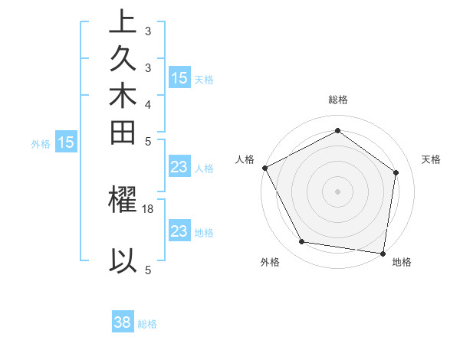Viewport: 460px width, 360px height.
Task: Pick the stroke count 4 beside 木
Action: [x=147, y=104]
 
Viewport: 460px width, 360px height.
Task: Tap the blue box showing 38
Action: [x=123, y=322]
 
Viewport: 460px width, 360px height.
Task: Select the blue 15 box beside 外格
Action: [x=67, y=142]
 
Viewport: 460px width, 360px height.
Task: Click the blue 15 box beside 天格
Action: [x=179, y=78]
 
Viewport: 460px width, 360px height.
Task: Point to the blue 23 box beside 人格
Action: [x=179, y=168]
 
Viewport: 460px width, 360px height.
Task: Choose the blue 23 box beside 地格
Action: [x=179, y=231]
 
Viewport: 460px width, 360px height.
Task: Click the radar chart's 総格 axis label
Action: [x=337, y=100]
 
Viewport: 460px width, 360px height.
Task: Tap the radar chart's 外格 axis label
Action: [x=270, y=262]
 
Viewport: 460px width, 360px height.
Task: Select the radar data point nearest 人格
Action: [x=264, y=168]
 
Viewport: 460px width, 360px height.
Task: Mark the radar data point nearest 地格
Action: [x=383, y=253]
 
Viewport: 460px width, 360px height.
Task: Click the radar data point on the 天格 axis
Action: [x=396, y=172]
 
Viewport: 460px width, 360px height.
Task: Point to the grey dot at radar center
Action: [x=337, y=191]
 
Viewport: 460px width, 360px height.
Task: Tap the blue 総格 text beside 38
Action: [x=147, y=324]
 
